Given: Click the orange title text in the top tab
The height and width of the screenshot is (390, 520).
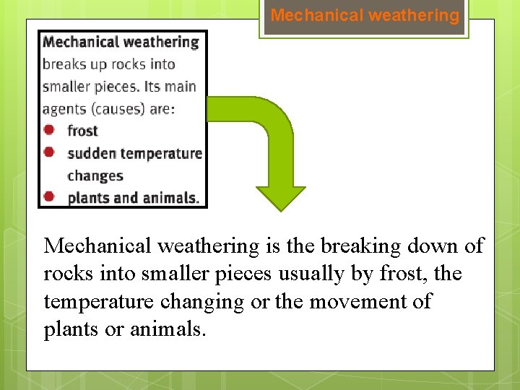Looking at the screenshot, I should (365, 16).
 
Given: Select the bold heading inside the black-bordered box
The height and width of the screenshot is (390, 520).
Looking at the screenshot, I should (121, 42).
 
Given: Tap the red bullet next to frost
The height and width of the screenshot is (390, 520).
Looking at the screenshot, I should (49, 130).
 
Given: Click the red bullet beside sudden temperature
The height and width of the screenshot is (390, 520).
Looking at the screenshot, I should (49, 152).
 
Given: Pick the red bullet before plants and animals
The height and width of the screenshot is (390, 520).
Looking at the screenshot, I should (49, 196).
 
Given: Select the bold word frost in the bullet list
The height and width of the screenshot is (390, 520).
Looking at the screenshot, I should (82, 131).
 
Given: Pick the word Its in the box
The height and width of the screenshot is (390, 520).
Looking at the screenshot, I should (152, 87).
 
